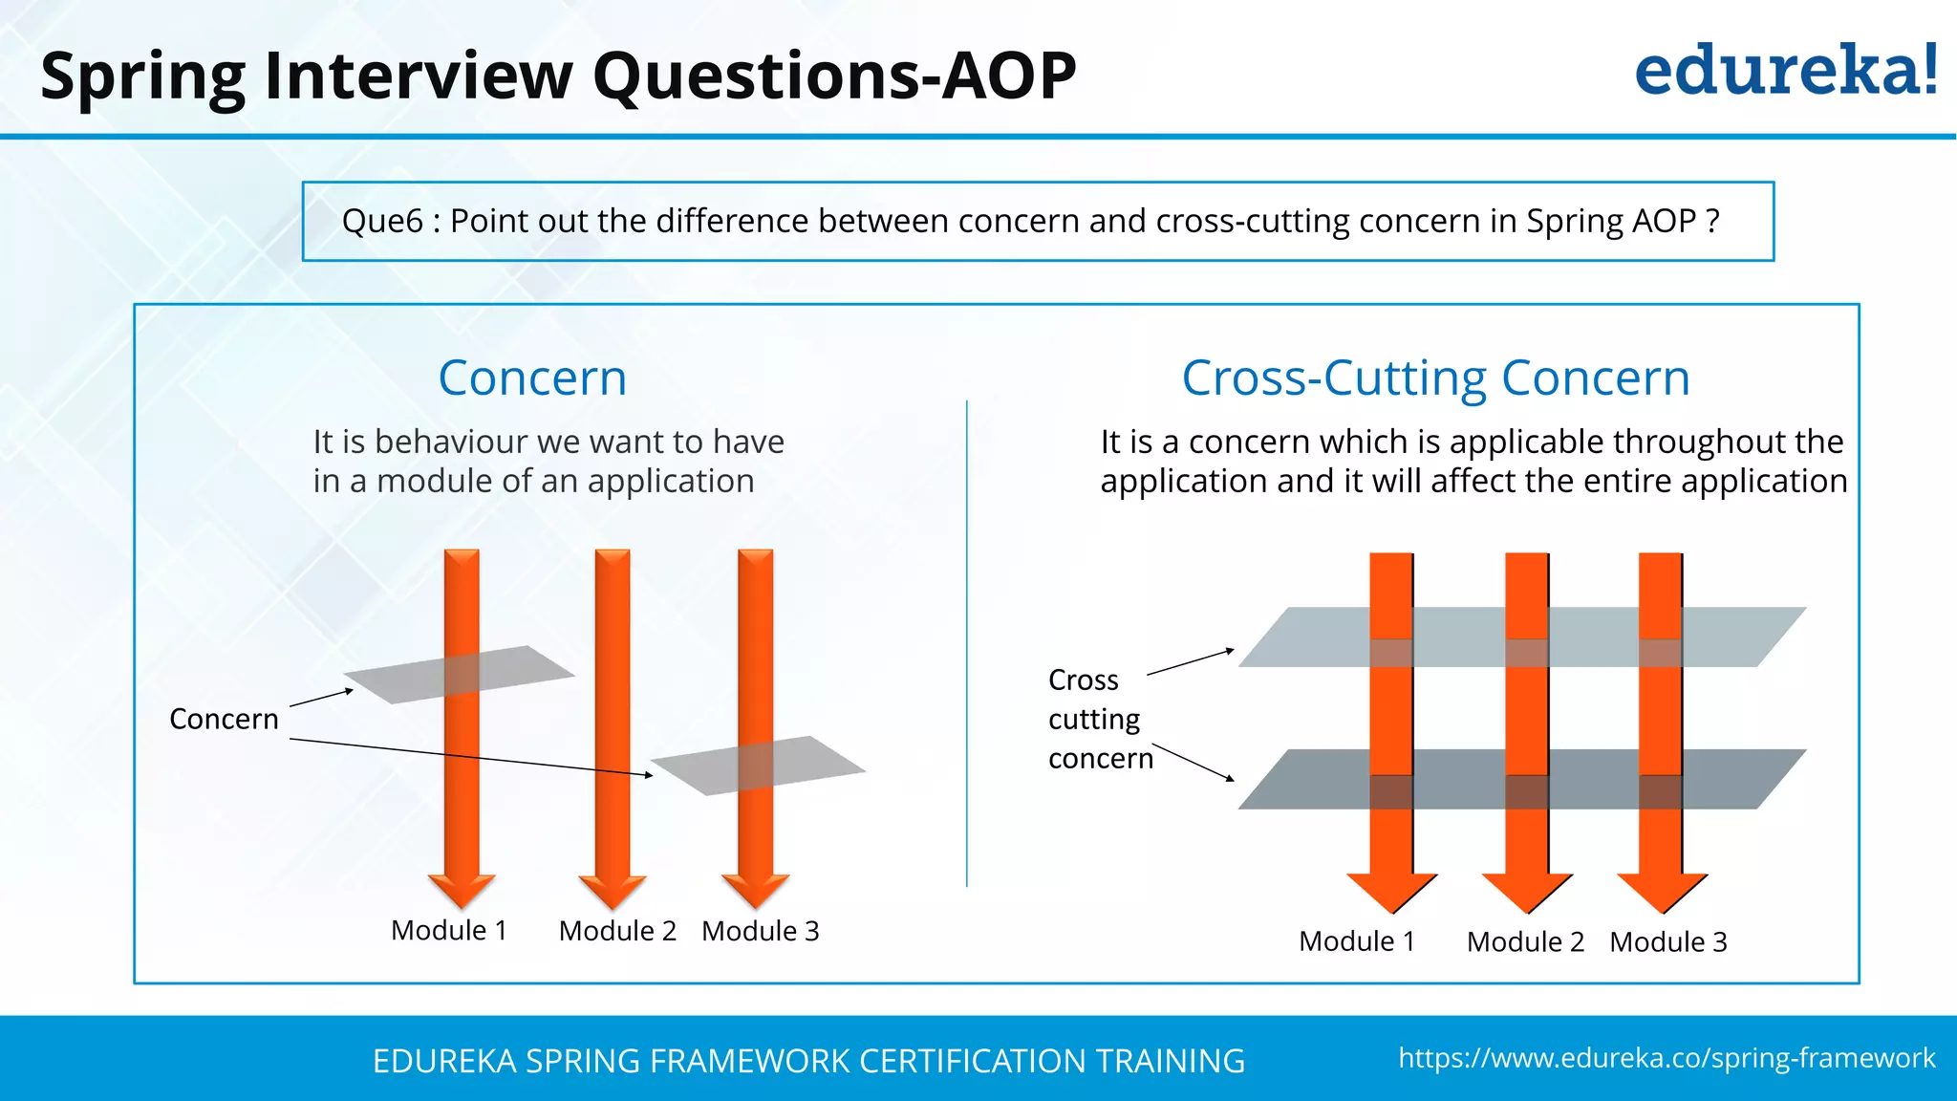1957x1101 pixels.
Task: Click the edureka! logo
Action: click(1785, 71)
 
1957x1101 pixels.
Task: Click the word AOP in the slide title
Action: click(1009, 76)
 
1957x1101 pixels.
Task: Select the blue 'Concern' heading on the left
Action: click(532, 378)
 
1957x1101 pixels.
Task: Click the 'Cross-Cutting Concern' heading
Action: click(1435, 378)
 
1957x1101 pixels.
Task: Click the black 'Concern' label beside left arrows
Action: click(224, 719)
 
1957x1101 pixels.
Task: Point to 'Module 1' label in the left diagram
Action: click(448, 930)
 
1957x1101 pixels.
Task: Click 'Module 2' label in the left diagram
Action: click(617, 930)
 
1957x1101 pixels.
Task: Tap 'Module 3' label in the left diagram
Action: click(760, 930)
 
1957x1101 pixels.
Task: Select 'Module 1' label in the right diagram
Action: click(1356, 941)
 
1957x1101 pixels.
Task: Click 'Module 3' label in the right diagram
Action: click(1667, 941)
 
